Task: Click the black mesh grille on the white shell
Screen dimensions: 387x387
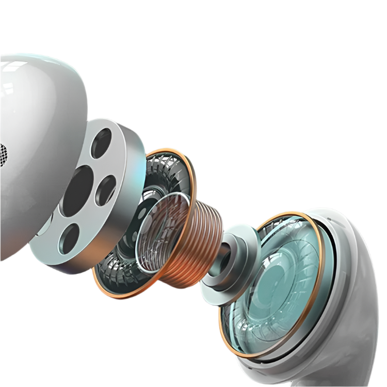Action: pos(3,154)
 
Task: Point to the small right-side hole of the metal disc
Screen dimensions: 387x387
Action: pos(105,190)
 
